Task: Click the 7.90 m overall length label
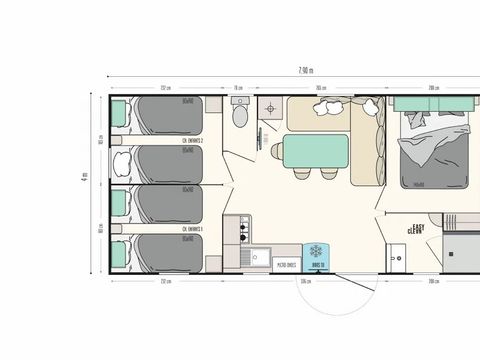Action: [x=305, y=70]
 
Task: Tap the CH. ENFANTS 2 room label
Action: [x=193, y=141]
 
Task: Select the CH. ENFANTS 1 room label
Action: [x=193, y=229]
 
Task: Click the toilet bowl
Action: [x=239, y=115]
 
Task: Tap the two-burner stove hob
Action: [x=243, y=233]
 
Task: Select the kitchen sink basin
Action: [x=243, y=259]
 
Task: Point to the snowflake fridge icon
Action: [x=317, y=252]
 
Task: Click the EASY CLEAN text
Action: [x=417, y=230]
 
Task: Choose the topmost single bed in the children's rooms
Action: [x=160, y=115]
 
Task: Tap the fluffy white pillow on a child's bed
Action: [x=120, y=160]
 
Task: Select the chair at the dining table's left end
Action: [x=277, y=152]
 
